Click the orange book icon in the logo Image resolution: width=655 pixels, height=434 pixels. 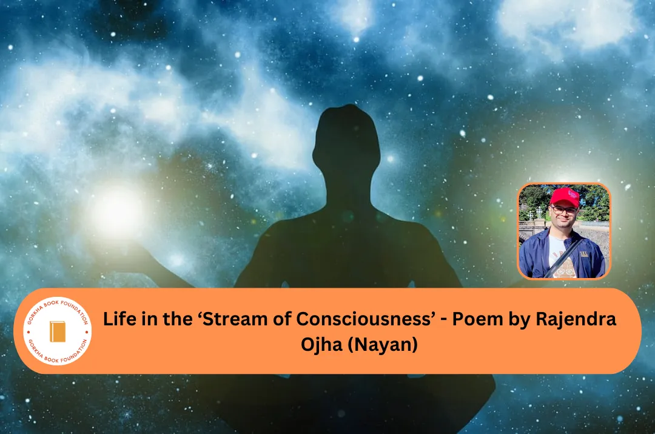[x=58, y=331]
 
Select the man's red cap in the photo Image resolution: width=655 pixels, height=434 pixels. [x=563, y=196]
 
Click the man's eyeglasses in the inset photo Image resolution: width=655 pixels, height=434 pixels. [x=563, y=210]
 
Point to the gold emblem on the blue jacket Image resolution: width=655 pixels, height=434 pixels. [x=587, y=248]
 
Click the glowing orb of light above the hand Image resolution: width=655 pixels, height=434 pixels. [x=116, y=212]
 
